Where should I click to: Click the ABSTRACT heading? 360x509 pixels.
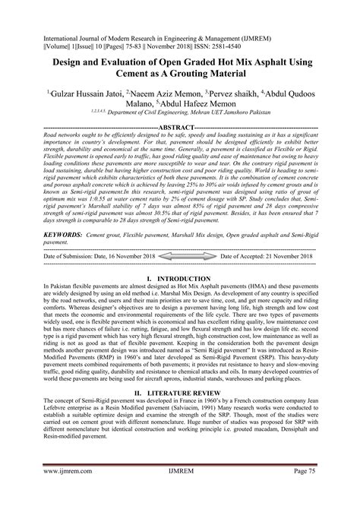coord(179,127)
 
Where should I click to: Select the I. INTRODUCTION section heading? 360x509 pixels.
coord(179,280)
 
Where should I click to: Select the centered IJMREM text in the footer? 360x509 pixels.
coord(179,492)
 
